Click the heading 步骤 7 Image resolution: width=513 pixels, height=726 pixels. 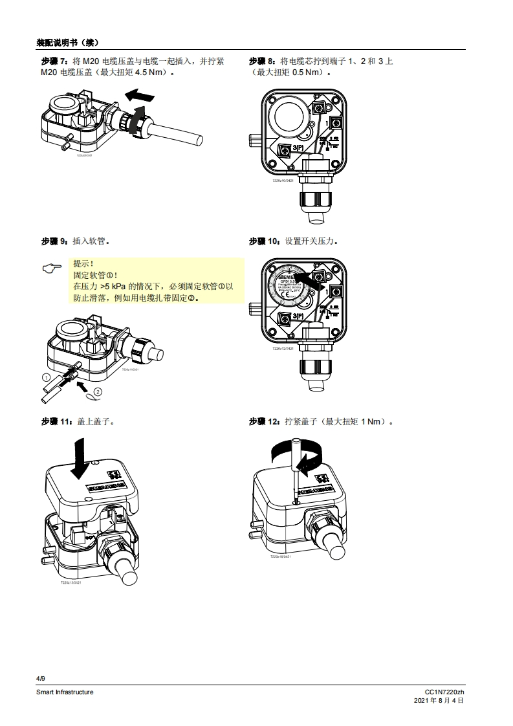coord(54,61)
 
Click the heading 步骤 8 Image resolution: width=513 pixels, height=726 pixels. coord(262,61)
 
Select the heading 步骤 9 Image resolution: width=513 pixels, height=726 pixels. coord(54,241)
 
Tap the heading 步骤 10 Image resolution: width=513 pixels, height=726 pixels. coord(265,241)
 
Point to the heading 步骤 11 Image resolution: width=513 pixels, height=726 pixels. coord(56,422)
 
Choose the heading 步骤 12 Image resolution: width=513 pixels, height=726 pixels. coord(265,422)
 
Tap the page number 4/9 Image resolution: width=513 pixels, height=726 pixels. coord(41,678)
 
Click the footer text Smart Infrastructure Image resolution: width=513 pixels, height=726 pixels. coord(65,692)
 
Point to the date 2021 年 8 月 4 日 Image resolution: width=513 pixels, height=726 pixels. coord(439,701)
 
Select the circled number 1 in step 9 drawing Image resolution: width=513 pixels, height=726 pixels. coord(47,377)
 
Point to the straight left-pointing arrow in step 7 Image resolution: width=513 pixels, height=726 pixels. coord(141,96)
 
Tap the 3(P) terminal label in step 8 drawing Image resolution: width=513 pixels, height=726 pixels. coord(301,150)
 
